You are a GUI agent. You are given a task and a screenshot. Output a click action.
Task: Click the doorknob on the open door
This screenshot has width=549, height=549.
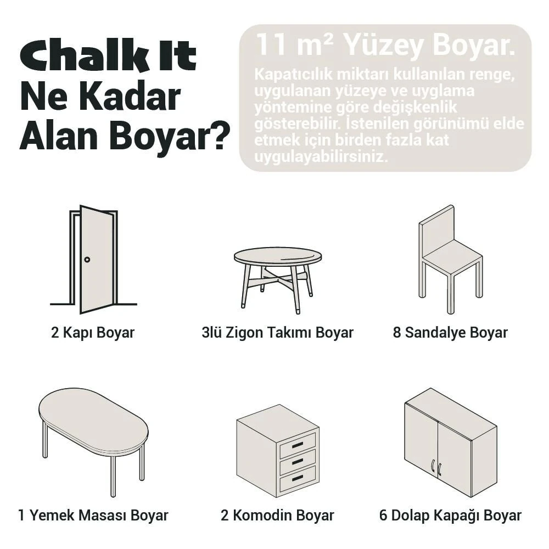click(87, 259)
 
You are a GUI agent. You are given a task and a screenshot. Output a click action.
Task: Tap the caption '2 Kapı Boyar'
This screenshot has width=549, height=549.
click(93, 333)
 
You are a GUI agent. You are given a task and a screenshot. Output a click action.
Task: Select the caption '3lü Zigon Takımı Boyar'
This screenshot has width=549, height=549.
click(277, 333)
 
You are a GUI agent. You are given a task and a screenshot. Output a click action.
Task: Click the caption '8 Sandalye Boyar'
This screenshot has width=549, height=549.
click(450, 333)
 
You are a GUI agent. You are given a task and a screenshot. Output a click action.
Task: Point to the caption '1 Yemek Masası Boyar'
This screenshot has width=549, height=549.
click(93, 516)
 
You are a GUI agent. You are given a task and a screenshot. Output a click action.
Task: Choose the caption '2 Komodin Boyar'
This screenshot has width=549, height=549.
click(277, 516)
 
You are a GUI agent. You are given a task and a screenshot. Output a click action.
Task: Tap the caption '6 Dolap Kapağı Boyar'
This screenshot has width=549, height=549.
click(450, 516)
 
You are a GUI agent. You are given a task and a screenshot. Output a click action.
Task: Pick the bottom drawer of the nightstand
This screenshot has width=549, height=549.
click(298, 479)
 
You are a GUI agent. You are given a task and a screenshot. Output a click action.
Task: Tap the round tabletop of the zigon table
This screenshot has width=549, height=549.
click(278, 256)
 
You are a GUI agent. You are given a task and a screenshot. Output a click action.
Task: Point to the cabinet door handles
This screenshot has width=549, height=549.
click(436, 467)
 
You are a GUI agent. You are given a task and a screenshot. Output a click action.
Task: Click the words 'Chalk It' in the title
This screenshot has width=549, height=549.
click(108, 57)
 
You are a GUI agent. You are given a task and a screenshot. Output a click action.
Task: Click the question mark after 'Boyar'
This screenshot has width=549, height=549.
click(219, 137)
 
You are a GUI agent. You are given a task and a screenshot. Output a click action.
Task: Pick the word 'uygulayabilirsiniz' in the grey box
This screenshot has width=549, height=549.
click(321, 156)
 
